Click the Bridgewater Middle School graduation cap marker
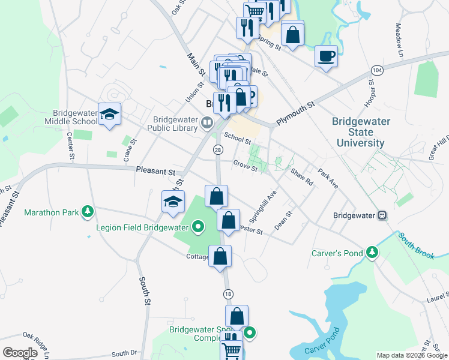point(110,115)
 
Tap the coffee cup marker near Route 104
point(326,56)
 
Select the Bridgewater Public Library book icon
point(207,123)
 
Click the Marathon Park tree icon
point(88,211)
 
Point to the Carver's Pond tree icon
point(373,253)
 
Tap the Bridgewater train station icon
point(381,215)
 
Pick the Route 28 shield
point(218,150)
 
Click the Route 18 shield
point(228,293)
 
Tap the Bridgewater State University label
point(361,132)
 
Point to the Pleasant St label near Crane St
point(155,171)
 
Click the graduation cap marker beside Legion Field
point(173,202)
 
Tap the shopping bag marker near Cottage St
point(220,256)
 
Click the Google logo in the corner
point(20,353)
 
